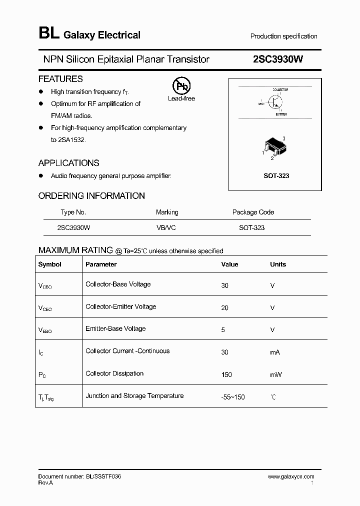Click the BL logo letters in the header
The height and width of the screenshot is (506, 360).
coord(48,34)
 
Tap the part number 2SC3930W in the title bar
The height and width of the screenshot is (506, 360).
coord(278,59)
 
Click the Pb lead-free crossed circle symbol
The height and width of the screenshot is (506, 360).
coord(181,86)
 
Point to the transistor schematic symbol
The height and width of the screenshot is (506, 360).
coord(275,101)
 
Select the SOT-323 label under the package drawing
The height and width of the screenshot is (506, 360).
coord(276,176)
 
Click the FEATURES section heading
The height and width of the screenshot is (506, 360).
coord(60,79)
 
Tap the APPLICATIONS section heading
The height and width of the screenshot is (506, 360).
coord(68,163)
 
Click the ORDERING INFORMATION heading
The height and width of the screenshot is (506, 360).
coord(91,196)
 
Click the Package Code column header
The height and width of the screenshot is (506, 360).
coord(253,212)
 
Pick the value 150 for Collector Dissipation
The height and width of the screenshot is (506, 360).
coord(226,374)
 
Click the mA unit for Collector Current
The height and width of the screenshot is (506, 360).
coord(275,352)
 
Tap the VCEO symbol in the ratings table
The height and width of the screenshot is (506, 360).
coord(44,308)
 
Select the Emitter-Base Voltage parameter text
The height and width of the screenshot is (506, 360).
coord(115,328)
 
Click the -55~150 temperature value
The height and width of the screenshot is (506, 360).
coord(233,397)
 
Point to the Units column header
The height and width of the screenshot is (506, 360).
coord(278,264)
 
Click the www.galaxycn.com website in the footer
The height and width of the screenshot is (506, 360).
coord(291,477)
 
